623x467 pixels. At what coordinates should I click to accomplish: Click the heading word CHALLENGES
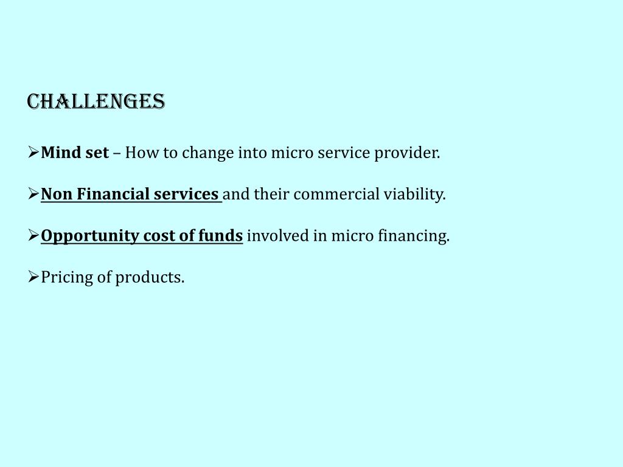coord(96,102)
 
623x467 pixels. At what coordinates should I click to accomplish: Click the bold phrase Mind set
coord(75,153)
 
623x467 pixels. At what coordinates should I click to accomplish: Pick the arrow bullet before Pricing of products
coord(33,277)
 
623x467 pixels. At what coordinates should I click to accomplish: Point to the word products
coord(150,278)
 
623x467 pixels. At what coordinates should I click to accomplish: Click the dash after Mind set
coord(117,153)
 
